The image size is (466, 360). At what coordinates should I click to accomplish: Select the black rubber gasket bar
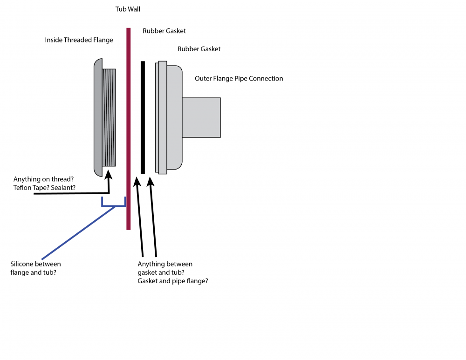pyautogui.click(x=143, y=117)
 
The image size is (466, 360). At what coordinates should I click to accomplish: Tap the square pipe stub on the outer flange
pyautogui.click(x=201, y=117)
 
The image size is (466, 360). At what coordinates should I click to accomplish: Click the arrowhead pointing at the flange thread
pyautogui.click(x=109, y=174)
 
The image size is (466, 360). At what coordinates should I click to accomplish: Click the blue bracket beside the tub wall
pyautogui.click(x=114, y=204)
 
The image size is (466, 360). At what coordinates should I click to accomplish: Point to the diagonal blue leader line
pyautogui.click(x=79, y=232)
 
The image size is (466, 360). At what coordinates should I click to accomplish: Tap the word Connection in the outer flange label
pyautogui.click(x=266, y=78)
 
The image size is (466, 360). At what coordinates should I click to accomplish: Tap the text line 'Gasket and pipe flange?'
pyautogui.click(x=173, y=281)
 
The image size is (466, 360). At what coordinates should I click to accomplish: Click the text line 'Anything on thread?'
pyautogui.click(x=44, y=179)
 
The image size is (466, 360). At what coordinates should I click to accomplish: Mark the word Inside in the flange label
pyautogui.click(x=55, y=40)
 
